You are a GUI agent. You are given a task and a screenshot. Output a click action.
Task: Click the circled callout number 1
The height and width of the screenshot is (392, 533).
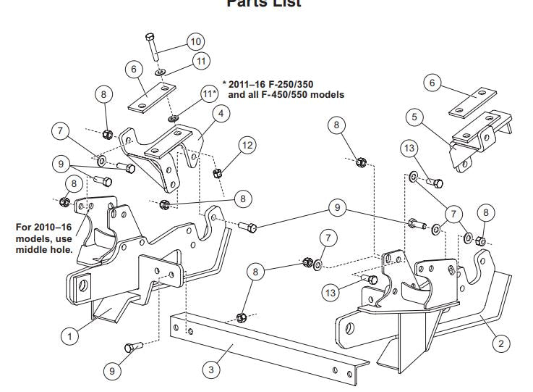[x=69, y=335]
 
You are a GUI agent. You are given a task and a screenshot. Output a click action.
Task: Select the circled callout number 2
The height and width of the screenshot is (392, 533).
[x=501, y=343]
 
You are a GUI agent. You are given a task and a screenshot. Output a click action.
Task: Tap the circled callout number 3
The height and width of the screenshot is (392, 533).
[x=211, y=370]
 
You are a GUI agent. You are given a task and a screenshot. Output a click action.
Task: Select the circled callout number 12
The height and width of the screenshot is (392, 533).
[x=247, y=146]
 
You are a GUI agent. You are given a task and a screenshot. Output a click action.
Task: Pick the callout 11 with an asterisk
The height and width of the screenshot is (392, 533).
[x=209, y=94]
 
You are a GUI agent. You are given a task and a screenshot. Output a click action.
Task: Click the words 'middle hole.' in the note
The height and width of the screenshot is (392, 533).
[x=44, y=250]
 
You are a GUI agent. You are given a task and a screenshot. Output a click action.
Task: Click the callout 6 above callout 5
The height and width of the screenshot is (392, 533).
[x=433, y=83]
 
